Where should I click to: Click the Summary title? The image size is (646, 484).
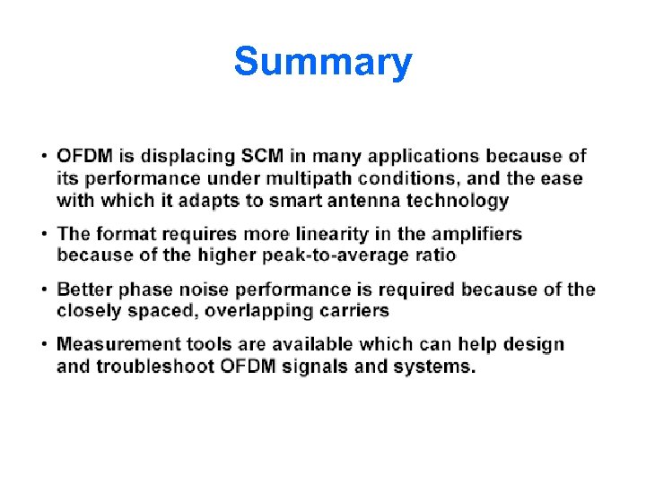pos(323,63)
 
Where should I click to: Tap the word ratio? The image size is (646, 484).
pos(437,255)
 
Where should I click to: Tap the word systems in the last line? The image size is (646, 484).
pos(438,367)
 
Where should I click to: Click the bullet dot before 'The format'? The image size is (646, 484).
pos(44,235)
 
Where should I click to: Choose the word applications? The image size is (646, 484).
pos(435,157)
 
